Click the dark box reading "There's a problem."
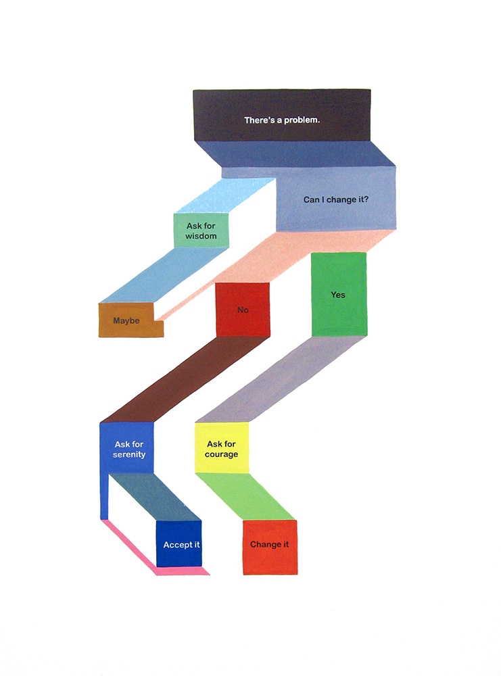[x=281, y=115]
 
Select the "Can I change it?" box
[x=336, y=199]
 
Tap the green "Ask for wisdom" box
[x=201, y=231]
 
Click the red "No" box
[x=243, y=310]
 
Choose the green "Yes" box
[x=339, y=295]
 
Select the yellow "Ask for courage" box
[x=222, y=448]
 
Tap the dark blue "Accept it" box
[x=179, y=544]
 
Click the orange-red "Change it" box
[x=270, y=548]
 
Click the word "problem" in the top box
[x=302, y=120]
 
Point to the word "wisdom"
[x=201, y=236]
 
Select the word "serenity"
[x=129, y=454]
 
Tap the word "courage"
[x=222, y=454]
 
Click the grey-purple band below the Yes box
[x=281, y=379]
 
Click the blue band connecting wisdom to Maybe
[x=164, y=276]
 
